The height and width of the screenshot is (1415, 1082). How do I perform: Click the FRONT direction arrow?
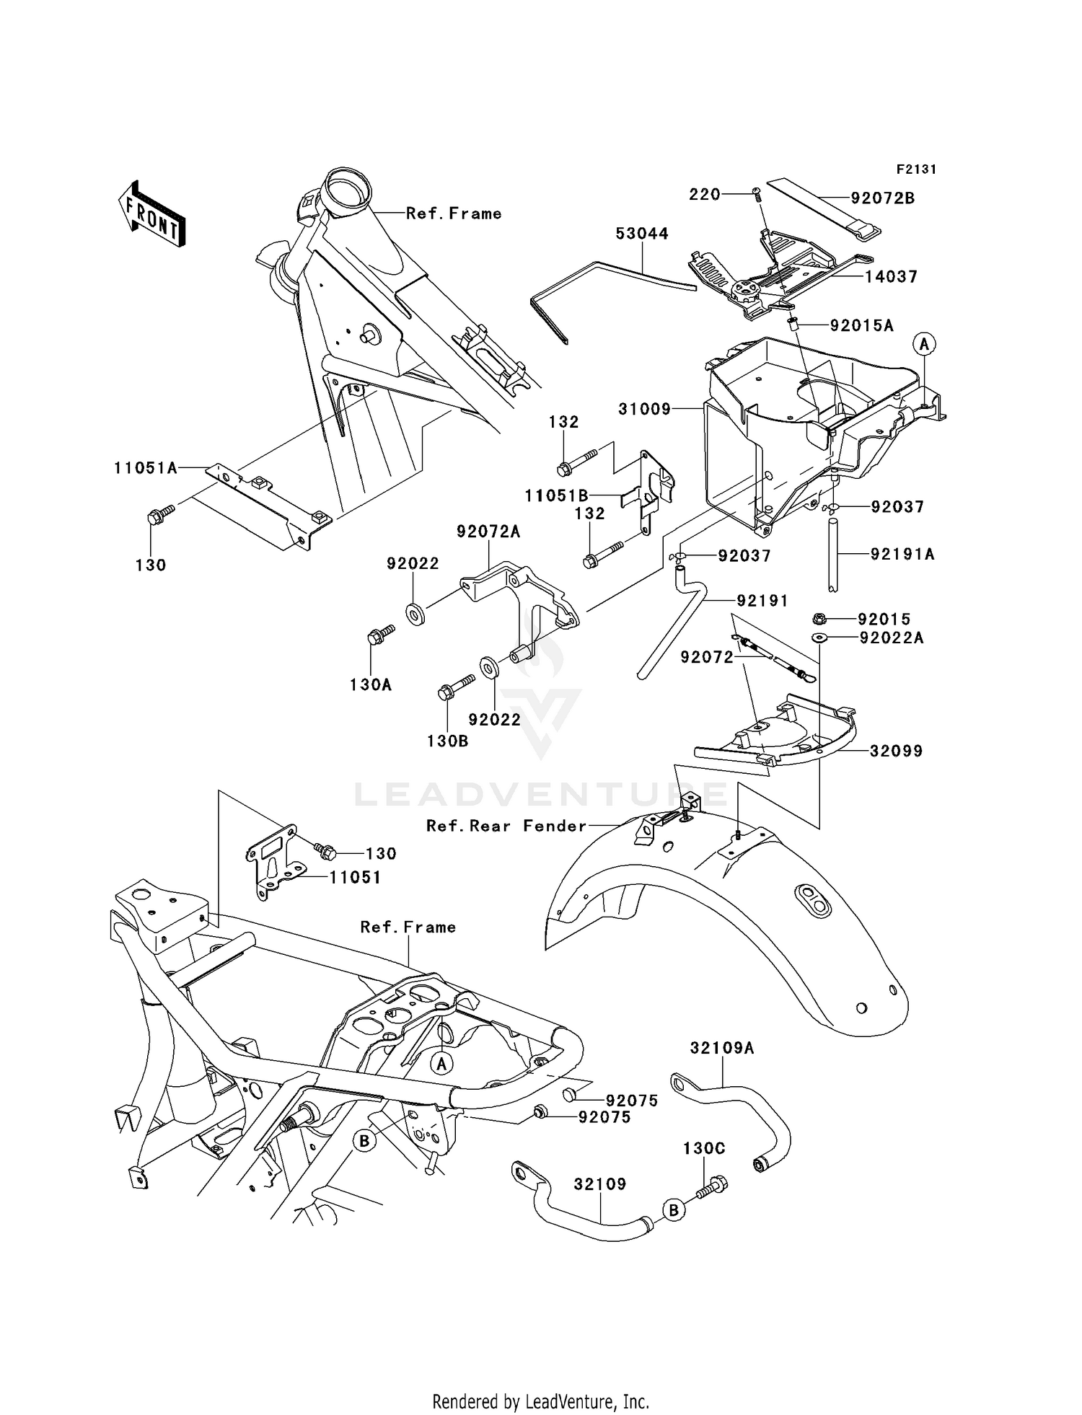click(x=152, y=214)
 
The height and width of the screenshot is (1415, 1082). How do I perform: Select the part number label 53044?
click(x=641, y=234)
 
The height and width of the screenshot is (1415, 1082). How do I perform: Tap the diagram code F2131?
click(x=916, y=169)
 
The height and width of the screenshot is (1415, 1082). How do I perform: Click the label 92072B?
click(x=882, y=198)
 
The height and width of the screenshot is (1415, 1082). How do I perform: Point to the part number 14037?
click(x=891, y=277)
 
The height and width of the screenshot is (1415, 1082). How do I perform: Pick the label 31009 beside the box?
click(x=644, y=410)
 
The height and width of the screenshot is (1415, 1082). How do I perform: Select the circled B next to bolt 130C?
click(x=672, y=1209)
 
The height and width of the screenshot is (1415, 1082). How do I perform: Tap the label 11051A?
click(x=145, y=468)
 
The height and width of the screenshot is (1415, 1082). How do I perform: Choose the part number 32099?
click(x=896, y=751)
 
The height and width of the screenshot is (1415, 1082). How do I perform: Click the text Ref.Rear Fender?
click(x=506, y=826)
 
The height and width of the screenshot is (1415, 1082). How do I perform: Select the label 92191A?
click(x=902, y=554)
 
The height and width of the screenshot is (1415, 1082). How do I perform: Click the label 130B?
click(x=447, y=740)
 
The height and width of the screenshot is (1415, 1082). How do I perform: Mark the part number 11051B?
click(x=556, y=495)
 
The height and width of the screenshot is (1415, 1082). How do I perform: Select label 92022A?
click(x=891, y=638)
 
